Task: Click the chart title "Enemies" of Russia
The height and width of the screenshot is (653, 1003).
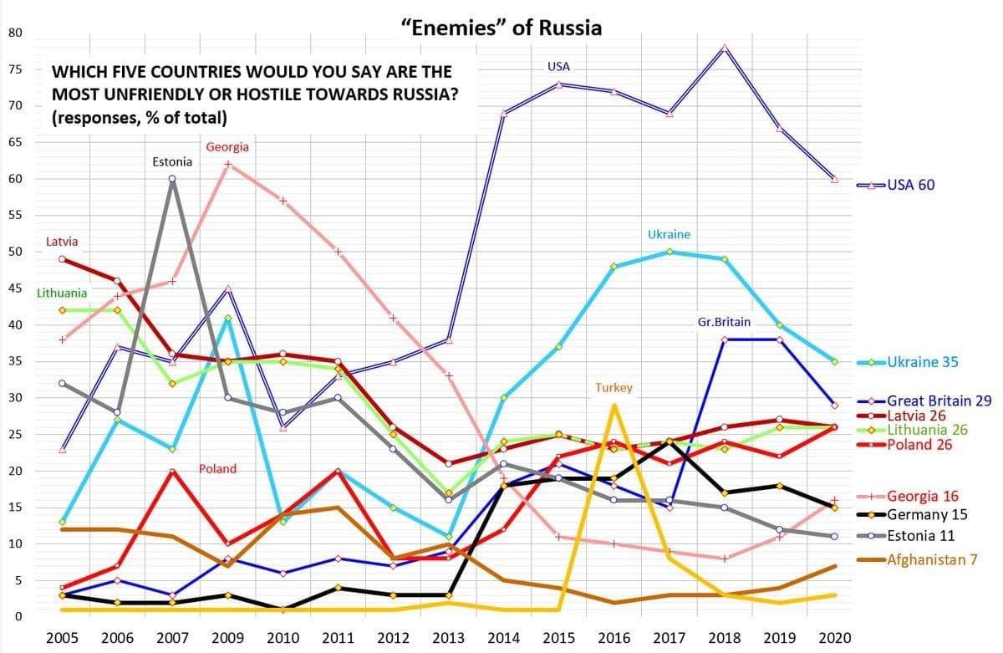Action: (x=501, y=28)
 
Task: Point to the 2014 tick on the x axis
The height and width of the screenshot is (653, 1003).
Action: (x=504, y=638)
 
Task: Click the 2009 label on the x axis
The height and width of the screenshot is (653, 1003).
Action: (x=227, y=638)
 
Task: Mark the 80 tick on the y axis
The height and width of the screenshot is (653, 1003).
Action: (x=15, y=33)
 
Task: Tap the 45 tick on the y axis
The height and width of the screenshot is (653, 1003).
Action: (x=15, y=288)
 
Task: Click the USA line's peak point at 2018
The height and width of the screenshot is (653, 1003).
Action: (x=725, y=48)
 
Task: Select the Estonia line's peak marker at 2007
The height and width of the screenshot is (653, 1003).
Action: (x=171, y=178)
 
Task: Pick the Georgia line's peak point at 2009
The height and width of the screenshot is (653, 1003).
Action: (x=227, y=165)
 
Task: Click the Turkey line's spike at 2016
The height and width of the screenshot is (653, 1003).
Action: (x=614, y=406)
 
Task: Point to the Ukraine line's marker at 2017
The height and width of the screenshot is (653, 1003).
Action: (x=670, y=252)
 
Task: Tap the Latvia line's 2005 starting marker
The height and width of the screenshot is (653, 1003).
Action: (x=62, y=259)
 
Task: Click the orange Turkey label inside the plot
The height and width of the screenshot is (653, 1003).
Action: (x=614, y=388)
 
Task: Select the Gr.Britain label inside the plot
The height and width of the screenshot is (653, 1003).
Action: (x=724, y=322)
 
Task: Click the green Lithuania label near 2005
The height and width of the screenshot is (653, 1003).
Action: (x=62, y=293)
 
